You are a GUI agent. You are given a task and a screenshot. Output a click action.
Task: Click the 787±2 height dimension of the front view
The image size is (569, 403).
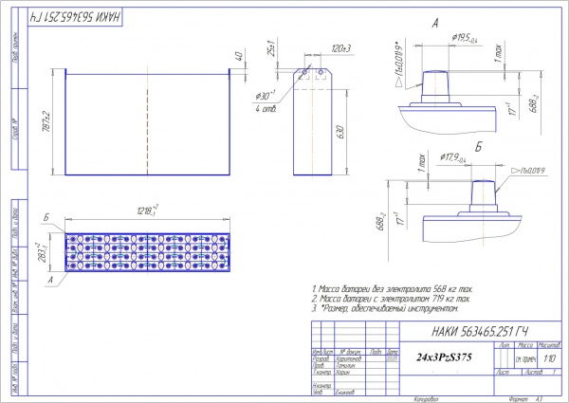[x=46, y=121]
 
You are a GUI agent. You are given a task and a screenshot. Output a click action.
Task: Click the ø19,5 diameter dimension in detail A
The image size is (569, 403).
[x=465, y=38]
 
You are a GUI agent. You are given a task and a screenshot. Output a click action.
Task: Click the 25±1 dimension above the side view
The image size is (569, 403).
[x=271, y=49]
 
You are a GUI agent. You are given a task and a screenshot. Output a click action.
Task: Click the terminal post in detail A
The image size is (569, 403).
[x=442, y=82]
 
